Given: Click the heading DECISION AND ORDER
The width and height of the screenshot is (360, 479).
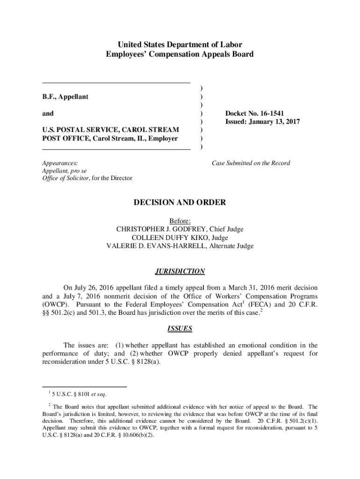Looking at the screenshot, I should pyautogui.click(x=180, y=203).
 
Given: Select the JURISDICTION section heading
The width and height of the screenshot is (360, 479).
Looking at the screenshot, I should pyautogui.click(x=180, y=271).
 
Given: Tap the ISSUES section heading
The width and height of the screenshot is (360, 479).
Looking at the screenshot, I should pyautogui.click(x=180, y=328).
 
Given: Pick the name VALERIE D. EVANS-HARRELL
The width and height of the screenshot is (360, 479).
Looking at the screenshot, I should pyautogui.click(x=156, y=246).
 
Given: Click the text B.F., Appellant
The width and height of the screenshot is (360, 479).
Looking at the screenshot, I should pyautogui.click(x=65, y=96).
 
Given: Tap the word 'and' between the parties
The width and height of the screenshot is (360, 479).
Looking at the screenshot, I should pyautogui.click(x=48, y=113).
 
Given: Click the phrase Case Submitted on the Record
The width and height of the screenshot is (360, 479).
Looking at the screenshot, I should pyautogui.click(x=251, y=163).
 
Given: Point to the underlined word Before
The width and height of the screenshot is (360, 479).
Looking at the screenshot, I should pyautogui.click(x=180, y=221).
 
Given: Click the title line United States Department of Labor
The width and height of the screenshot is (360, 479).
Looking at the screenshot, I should pyautogui.click(x=180, y=45).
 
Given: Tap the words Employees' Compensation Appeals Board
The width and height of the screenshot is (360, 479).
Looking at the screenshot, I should pyautogui.click(x=180, y=54).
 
